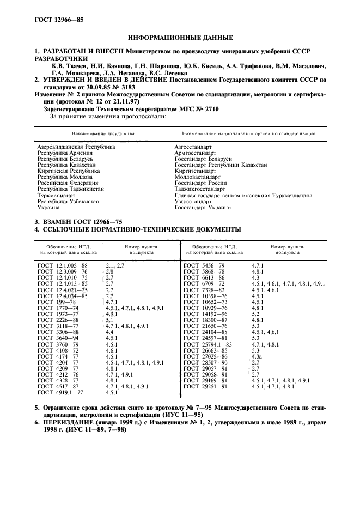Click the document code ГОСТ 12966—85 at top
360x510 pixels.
point(53,20)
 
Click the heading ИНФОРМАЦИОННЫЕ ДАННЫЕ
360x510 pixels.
point(180,38)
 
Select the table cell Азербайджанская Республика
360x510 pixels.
point(76,147)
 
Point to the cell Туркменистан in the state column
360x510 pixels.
point(56,195)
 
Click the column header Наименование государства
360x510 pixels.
point(103,133)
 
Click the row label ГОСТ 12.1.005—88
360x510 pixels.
point(63,265)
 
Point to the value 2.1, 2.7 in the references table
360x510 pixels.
point(115,265)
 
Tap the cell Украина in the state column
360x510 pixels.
point(48,207)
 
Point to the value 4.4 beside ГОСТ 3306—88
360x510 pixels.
point(109,331)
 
